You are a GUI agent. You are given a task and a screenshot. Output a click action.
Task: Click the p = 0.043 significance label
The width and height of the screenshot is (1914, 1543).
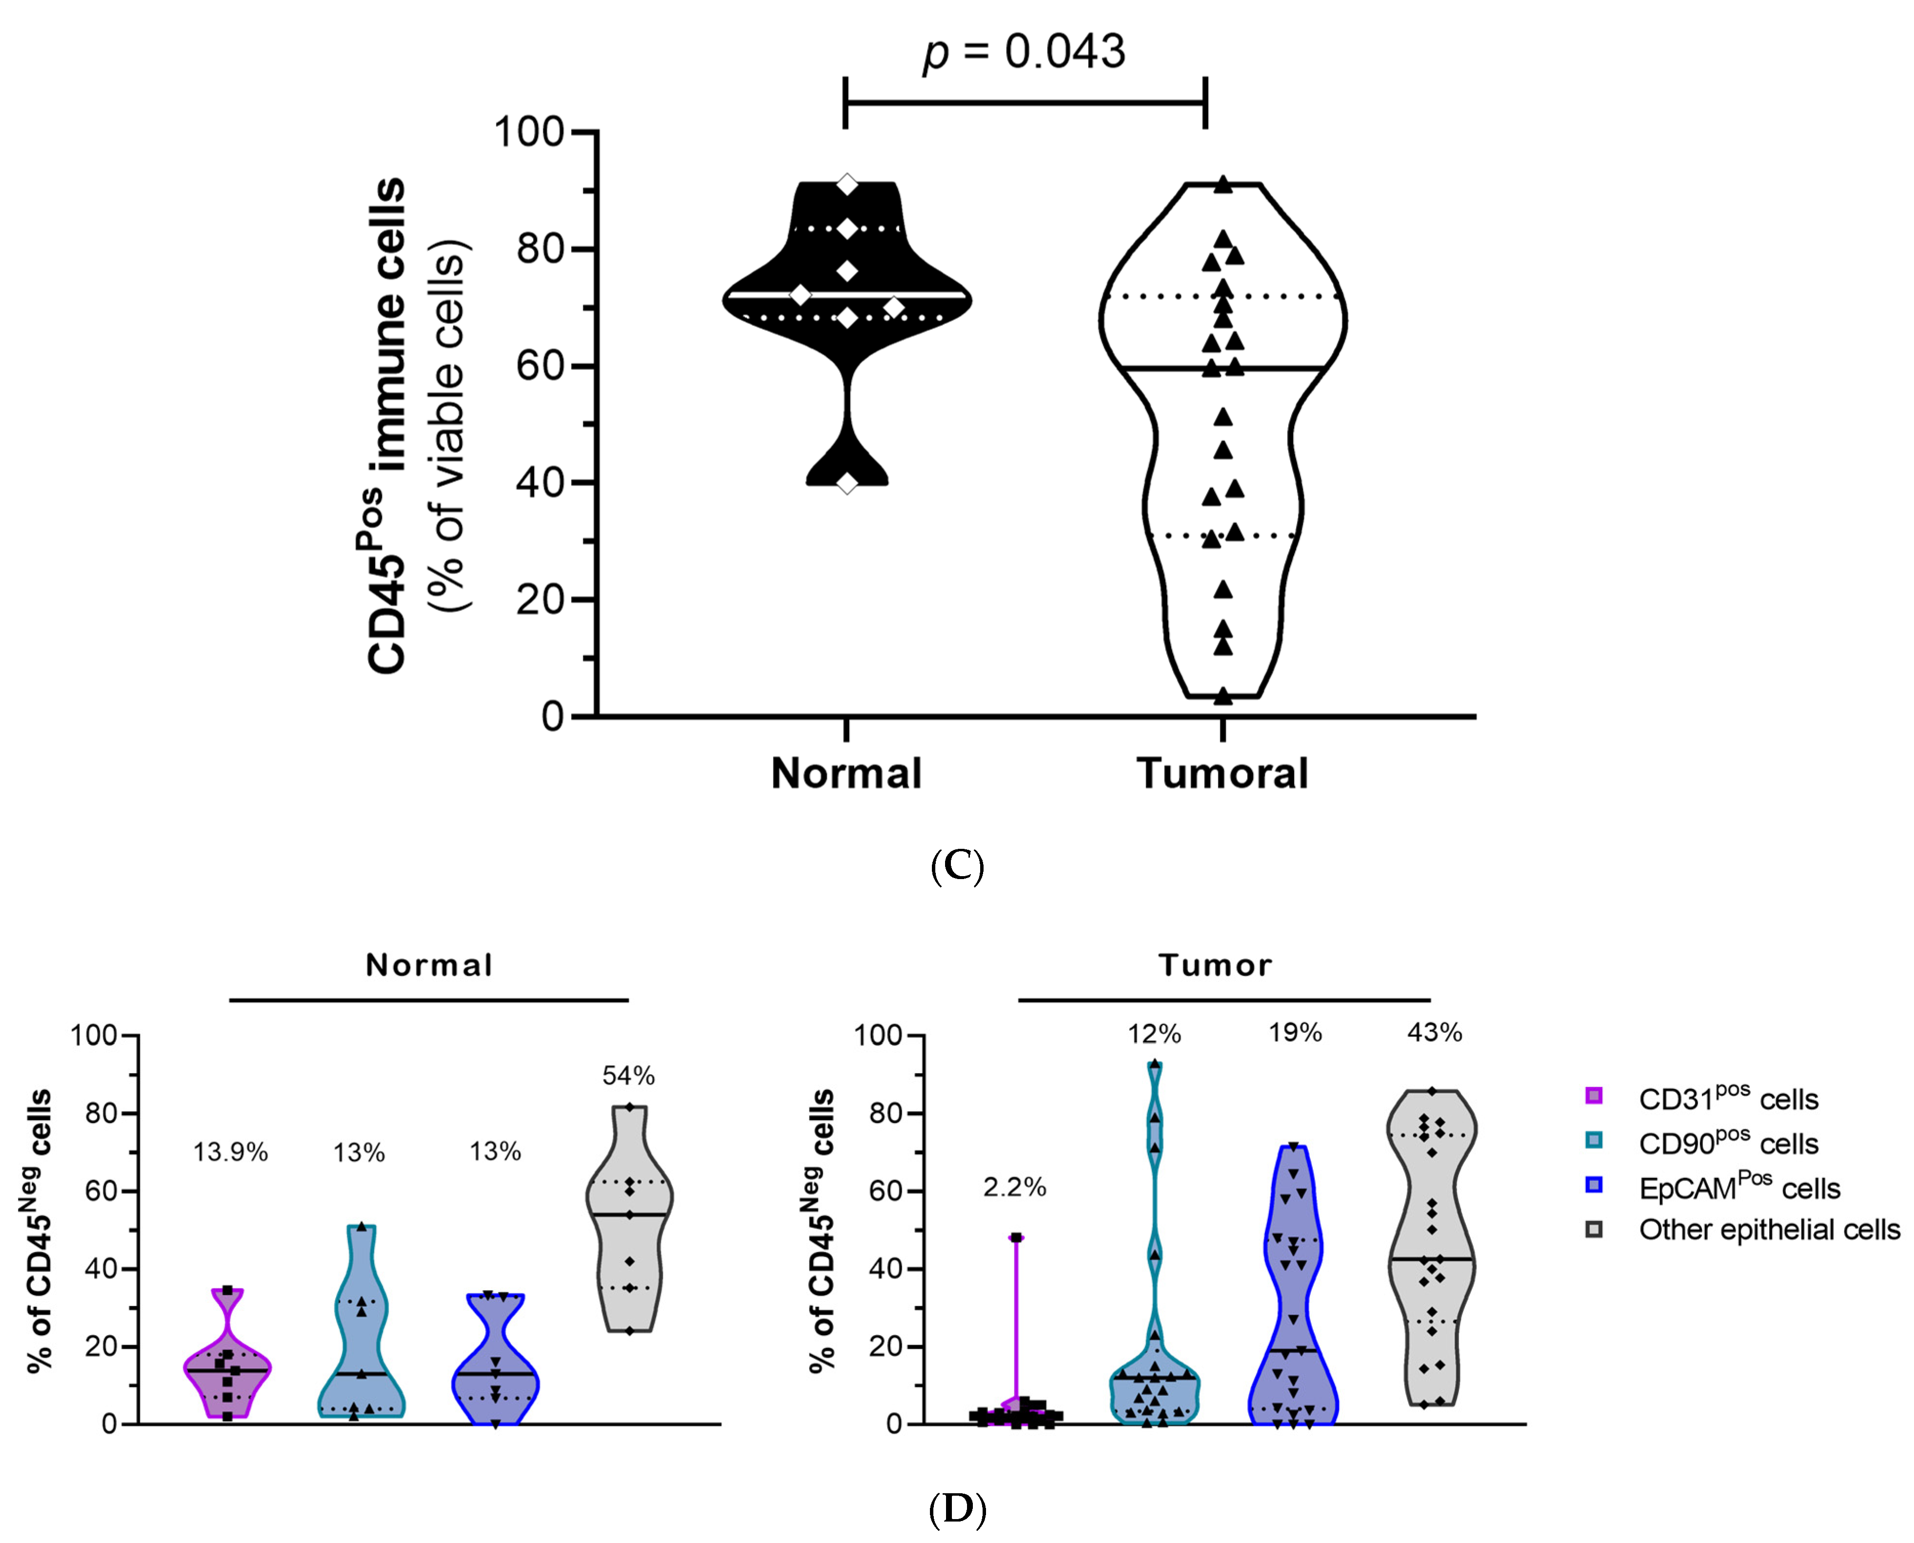(x=1024, y=52)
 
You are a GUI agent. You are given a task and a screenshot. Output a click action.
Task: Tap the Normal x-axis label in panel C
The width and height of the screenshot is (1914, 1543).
(x=846, y=773)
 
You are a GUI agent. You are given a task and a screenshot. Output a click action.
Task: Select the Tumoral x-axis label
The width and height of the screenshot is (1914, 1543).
(x=1222, y=773)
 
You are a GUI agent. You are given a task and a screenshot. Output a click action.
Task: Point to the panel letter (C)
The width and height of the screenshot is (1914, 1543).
(x=957, y=865)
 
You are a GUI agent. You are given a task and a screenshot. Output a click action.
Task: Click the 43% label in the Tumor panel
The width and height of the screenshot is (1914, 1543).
(x=1434, y=1033)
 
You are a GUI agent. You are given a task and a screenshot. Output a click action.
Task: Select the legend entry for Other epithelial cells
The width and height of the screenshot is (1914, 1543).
(x=1768, y=1230)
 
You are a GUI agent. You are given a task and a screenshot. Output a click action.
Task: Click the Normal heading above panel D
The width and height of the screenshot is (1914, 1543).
(x=429, y=965)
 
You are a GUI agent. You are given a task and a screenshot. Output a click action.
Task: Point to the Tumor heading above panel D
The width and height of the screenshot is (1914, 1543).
(x=1215, y=965)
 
